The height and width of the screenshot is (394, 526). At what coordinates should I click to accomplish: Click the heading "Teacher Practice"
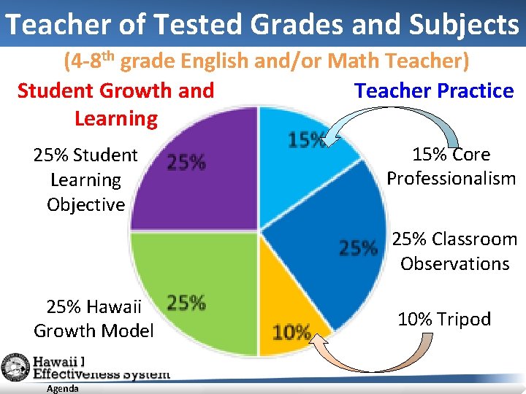[x=434, y=91]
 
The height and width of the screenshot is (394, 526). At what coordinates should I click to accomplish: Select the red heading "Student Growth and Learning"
[x=115, y=104]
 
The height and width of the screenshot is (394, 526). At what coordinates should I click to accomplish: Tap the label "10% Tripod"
[x=444, y=319]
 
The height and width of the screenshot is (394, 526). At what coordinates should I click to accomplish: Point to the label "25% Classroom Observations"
[x=454, y=251]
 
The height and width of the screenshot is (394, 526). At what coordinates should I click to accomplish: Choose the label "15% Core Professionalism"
[x=451, y=166]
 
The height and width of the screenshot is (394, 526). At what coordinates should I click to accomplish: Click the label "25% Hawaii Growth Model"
[x=94, y=319]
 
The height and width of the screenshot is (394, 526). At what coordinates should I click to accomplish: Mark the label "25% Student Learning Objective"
[x=85, y=179]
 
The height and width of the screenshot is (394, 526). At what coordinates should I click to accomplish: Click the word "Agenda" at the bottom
[x=62, y=389]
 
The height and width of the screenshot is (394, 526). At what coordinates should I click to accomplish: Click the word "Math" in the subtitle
[x=357, y=62]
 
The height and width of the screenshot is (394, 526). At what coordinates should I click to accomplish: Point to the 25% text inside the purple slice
[x=186, y=162]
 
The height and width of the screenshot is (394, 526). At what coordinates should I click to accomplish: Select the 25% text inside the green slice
[x=186, y=302]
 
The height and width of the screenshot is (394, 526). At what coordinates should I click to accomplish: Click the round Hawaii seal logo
[x=14, y=367]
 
